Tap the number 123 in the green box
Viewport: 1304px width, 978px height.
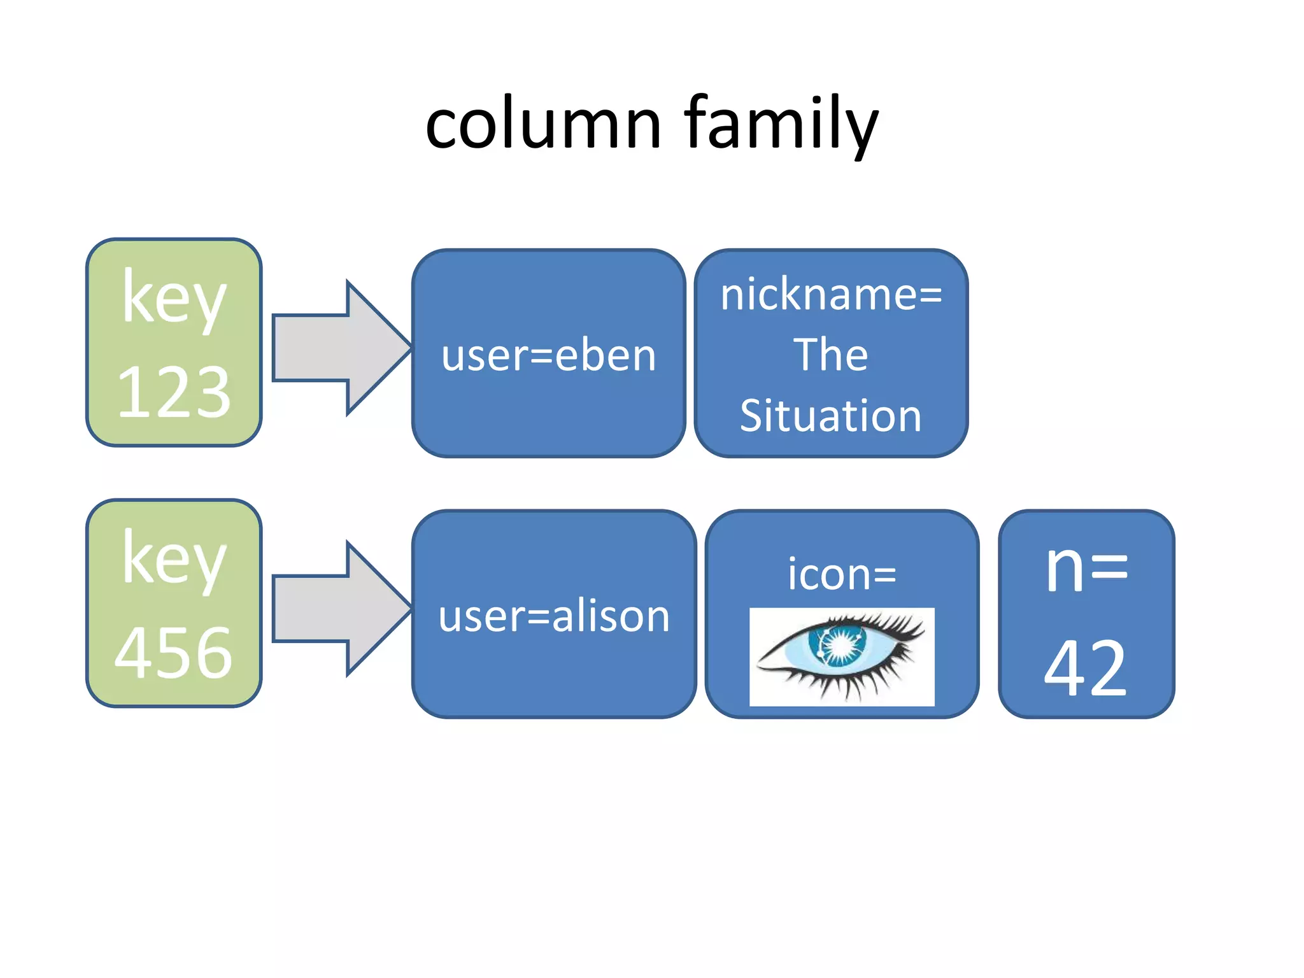point(174,393)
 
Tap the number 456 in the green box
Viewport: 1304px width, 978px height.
point(174,653)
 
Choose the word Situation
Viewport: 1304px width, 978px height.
point(830,416)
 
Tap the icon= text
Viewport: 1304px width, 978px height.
point(842,574)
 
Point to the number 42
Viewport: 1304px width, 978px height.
point(1086,669)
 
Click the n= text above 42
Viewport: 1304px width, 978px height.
point(1086,568)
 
